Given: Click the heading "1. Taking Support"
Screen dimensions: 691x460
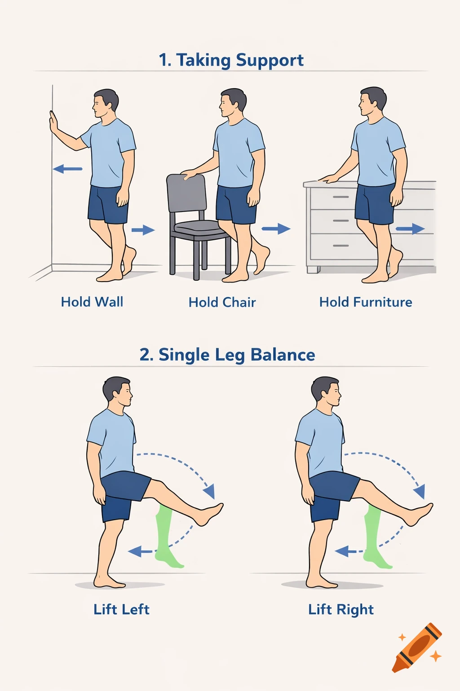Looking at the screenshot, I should click(231, 60).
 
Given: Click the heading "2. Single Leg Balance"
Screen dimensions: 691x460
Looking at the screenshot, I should click(227, 355).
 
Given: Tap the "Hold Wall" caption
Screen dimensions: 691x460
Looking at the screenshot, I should click(92, 302).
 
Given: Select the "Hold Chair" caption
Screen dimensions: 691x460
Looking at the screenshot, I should click(222, 302).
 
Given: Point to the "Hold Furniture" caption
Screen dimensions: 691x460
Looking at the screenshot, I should click(366, 302).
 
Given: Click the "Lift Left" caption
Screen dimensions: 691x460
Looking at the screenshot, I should click(121, 610).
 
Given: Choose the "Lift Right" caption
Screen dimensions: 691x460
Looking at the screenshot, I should click(341, 610).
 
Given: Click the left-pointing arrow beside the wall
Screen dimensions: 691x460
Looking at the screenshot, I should click(67, 169).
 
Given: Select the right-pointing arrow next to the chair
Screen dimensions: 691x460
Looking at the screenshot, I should click(276, 229).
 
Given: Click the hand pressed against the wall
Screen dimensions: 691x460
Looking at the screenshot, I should click(53, 122).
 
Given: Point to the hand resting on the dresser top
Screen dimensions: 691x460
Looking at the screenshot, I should click(328, 179).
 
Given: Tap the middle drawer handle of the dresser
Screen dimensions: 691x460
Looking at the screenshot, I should click(341, 221).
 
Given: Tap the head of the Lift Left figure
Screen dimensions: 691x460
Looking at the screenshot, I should click(118, 391).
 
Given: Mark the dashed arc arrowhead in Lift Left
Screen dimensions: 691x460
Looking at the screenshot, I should click(209, 492).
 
